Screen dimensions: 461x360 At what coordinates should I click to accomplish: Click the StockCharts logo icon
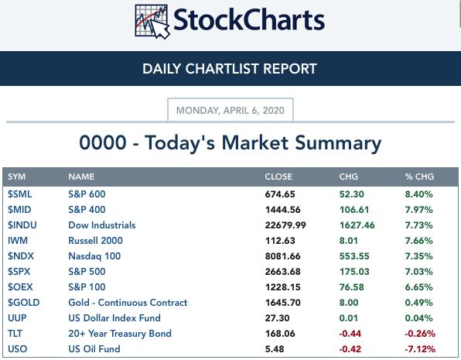(152, 22)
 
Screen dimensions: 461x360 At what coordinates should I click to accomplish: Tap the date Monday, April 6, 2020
(230, 111)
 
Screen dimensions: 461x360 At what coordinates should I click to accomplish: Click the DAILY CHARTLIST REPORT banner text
(230, 69)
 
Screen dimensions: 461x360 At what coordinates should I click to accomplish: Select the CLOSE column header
(278, 177)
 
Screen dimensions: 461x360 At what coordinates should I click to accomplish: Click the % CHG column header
(419, 177)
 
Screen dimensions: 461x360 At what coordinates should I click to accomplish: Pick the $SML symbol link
(19, 194)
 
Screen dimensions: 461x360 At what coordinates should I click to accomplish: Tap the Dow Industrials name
(102, 225)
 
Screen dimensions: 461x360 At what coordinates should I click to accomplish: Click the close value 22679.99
(285, 225)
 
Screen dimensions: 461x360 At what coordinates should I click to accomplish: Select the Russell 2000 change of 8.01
(348, 241)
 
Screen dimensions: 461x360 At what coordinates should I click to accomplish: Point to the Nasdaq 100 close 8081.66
(283, 256)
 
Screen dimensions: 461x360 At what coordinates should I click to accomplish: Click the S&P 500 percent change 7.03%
(418, 272)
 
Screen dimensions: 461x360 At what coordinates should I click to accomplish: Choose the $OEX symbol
(20, 287)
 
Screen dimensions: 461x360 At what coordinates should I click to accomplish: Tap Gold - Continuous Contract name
(128, 303)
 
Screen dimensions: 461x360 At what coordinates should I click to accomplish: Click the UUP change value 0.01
(348, 318)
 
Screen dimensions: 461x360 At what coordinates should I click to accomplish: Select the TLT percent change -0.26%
(420, 334)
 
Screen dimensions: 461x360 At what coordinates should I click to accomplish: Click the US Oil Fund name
(94, 349)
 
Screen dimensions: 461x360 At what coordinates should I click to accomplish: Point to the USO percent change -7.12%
(420, 349)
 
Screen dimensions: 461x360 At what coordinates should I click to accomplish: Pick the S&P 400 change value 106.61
(354, 210)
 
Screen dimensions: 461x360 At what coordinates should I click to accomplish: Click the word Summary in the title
(338, 143)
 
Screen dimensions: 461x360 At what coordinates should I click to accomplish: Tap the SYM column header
(16, 177)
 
